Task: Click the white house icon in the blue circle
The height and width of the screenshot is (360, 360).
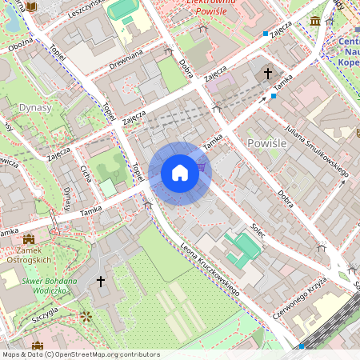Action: tap(180, 173)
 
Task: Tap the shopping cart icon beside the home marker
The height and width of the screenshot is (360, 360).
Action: tap(201, 166)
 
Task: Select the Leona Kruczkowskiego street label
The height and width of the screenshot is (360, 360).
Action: tap(210, 270)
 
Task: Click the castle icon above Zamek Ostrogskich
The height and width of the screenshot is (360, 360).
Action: tap(29, 239)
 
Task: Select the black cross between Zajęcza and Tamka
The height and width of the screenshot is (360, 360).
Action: tap(268, 74)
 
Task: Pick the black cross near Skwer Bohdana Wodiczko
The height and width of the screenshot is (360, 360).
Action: tap(101, 282)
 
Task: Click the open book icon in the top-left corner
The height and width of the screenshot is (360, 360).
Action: tap(30, 6)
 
